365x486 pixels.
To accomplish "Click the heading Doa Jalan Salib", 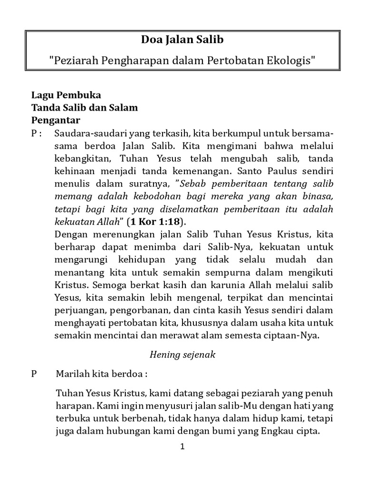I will coord(182,40).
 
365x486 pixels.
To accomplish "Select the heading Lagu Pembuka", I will coord(66,95).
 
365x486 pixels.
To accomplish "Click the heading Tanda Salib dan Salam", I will coord(85,107).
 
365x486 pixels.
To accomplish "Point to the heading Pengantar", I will coord(56,120).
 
